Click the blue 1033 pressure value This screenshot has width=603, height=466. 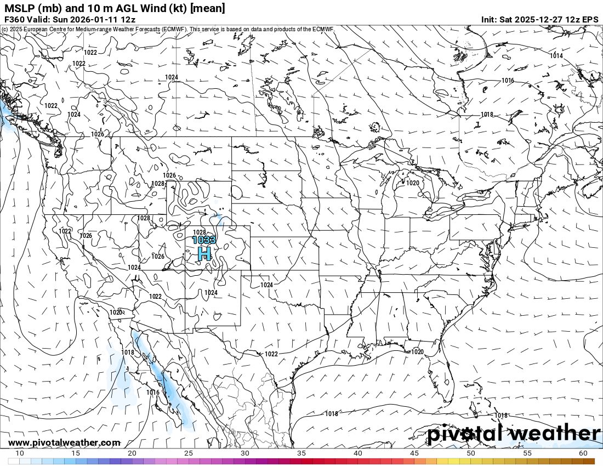pyautogui.click(x=204, y=240)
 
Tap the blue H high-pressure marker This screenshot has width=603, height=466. pyautogui.click(x=204, y=254)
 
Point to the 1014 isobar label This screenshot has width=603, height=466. pyautogui.click(x=556, y=56)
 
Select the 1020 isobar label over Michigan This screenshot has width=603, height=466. pyautogui.click(x=413, y=183)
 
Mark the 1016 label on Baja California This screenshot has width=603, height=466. pyautogui.click(x=153, y=393)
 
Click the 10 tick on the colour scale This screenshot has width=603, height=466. pyautogui.click(x=19, y=453)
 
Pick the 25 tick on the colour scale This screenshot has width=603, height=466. pyautogui.click(x=189, y=453)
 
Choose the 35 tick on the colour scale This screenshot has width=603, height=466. pyautogui.click(x=301, y=453)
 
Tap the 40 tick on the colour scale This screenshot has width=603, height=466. pyautogui.click(x=358, y=453)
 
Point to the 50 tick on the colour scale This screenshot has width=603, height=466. pyautogui.click(x=471, y=453)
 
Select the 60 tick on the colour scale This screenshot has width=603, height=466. pyautogui.click(x=583, y=453)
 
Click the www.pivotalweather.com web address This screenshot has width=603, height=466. pyautogui.click(x=64, y=442)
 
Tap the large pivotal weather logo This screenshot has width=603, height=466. pyautogui.click(x=514, y=434)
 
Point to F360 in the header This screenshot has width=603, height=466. pyautogui.click(x=14, y=19)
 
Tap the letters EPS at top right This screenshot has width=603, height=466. pyautogui.click(x=590, y=19)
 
